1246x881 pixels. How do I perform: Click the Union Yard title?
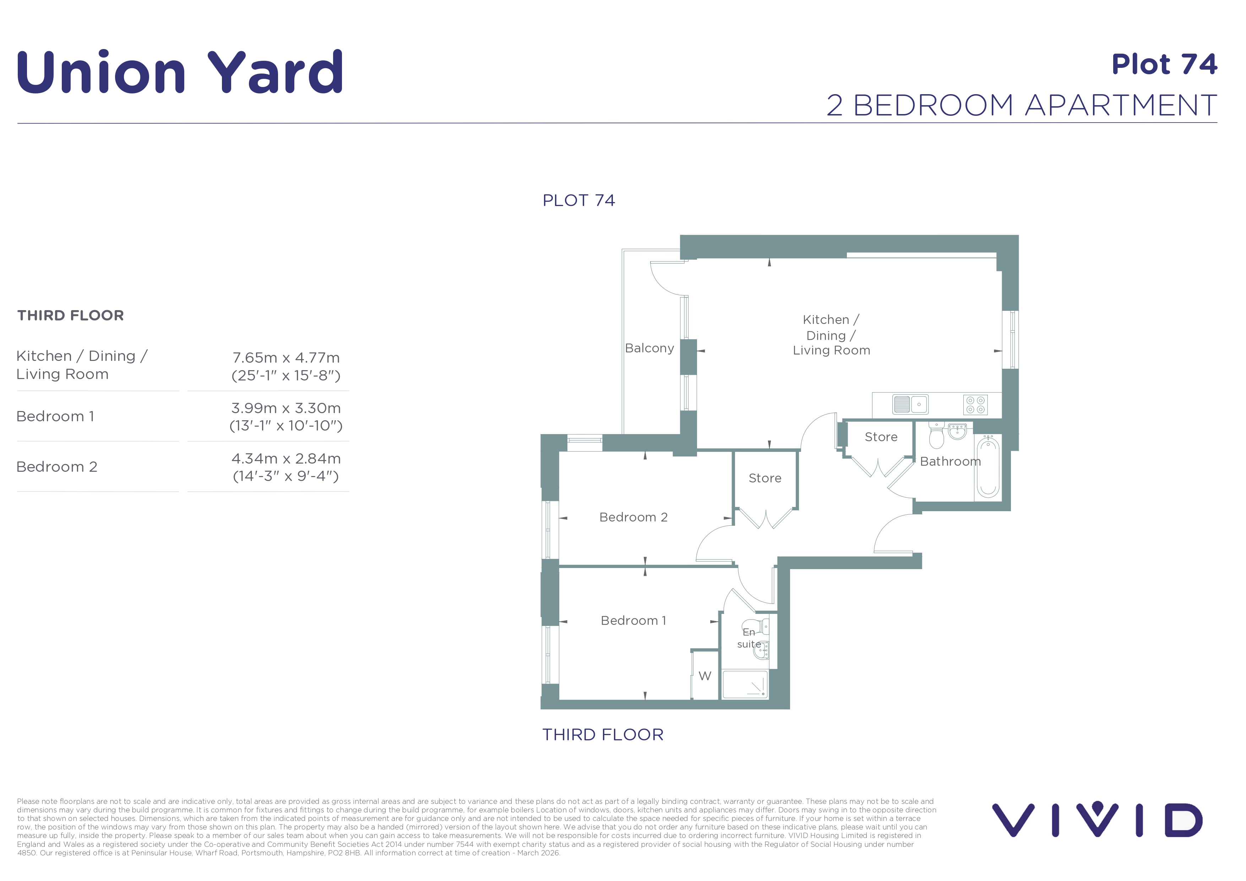pos(180,72)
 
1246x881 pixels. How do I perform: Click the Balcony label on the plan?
pos(649,348)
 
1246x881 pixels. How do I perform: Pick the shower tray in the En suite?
pos(745,684)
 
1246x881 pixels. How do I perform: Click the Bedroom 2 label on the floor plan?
pos(633,517)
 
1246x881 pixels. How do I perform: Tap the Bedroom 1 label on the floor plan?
pos(633,621)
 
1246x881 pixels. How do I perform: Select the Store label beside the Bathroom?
pos(881,437)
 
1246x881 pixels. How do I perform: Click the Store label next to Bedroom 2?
pos(765,478)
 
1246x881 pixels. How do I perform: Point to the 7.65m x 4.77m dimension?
pos(286,358)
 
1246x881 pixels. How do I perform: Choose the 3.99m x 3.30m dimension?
pos(286,408)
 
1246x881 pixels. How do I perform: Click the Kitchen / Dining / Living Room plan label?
pos(831,335)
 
